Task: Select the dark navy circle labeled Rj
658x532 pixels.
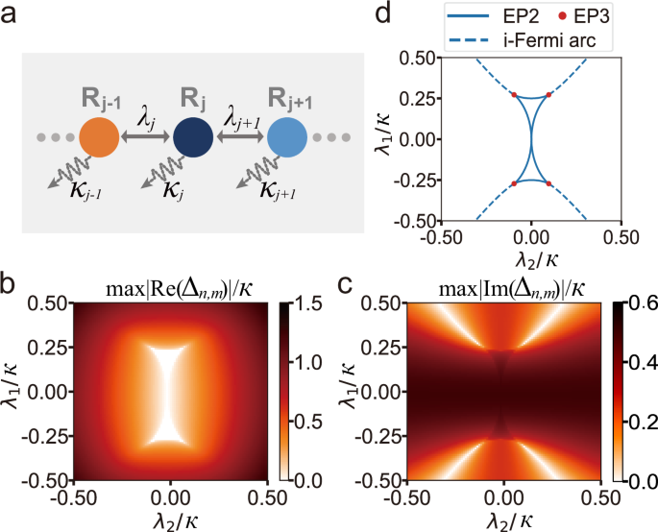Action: (192, 138)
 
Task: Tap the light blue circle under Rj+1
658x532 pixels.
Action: (286, 138)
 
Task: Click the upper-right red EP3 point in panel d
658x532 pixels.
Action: (548, 94)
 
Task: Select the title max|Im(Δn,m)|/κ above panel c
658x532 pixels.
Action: (502, 285)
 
